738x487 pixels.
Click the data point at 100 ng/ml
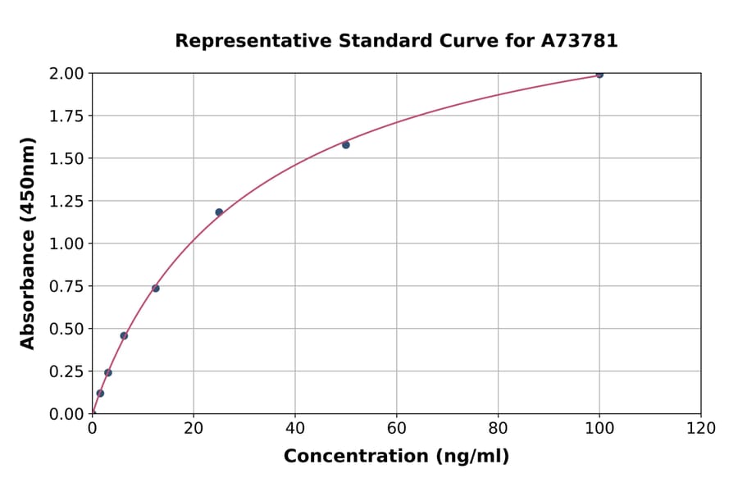coord(599,75)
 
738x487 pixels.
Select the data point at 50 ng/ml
coord(346,145)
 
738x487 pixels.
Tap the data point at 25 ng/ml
coord(219,212)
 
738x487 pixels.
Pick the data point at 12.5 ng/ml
coord(156,289)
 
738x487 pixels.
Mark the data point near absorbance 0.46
coord(124,335)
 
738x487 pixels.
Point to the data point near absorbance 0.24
coord(108,373)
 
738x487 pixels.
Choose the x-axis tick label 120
coord(701,429)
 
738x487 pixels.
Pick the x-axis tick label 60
coord(397,429)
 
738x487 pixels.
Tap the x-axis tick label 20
coord(194,429)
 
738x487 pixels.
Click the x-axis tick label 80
coord(498,429)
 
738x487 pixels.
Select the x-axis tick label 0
coord(93,429)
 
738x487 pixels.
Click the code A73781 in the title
coord(578,41)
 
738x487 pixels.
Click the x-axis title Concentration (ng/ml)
coord(396,457)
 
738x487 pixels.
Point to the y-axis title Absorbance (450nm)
coord(29,243)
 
